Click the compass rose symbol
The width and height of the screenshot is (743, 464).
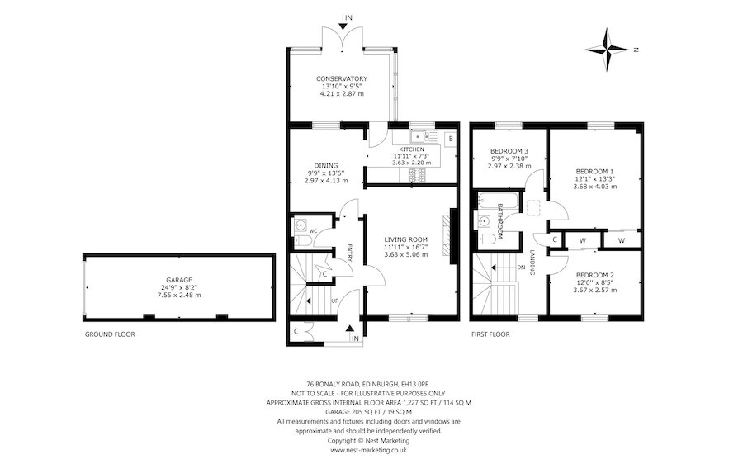tap(607, 49)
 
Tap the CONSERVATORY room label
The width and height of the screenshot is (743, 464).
tap(342, 78)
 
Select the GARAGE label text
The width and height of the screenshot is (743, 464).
tap(179, 280)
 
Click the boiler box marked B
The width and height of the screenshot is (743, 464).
tap(451, 139)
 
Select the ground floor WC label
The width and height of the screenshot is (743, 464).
tap(313, 231)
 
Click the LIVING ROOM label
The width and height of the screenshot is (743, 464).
tap(405, 239)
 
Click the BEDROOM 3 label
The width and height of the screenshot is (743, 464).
tap(509, 151)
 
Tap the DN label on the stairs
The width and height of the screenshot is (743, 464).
tap(521, 268)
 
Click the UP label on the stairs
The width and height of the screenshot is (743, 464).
tap(335, 301)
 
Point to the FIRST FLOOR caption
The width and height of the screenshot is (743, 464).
tap(490, 334)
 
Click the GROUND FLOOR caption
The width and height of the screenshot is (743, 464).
tap(110, 334)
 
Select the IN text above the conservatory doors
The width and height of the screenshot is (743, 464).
tap(348, 17)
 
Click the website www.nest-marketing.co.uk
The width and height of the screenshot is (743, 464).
tap(368, 450)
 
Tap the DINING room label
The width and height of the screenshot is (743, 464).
tap(326, 165)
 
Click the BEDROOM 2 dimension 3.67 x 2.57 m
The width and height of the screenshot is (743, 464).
tap(594, 290)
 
